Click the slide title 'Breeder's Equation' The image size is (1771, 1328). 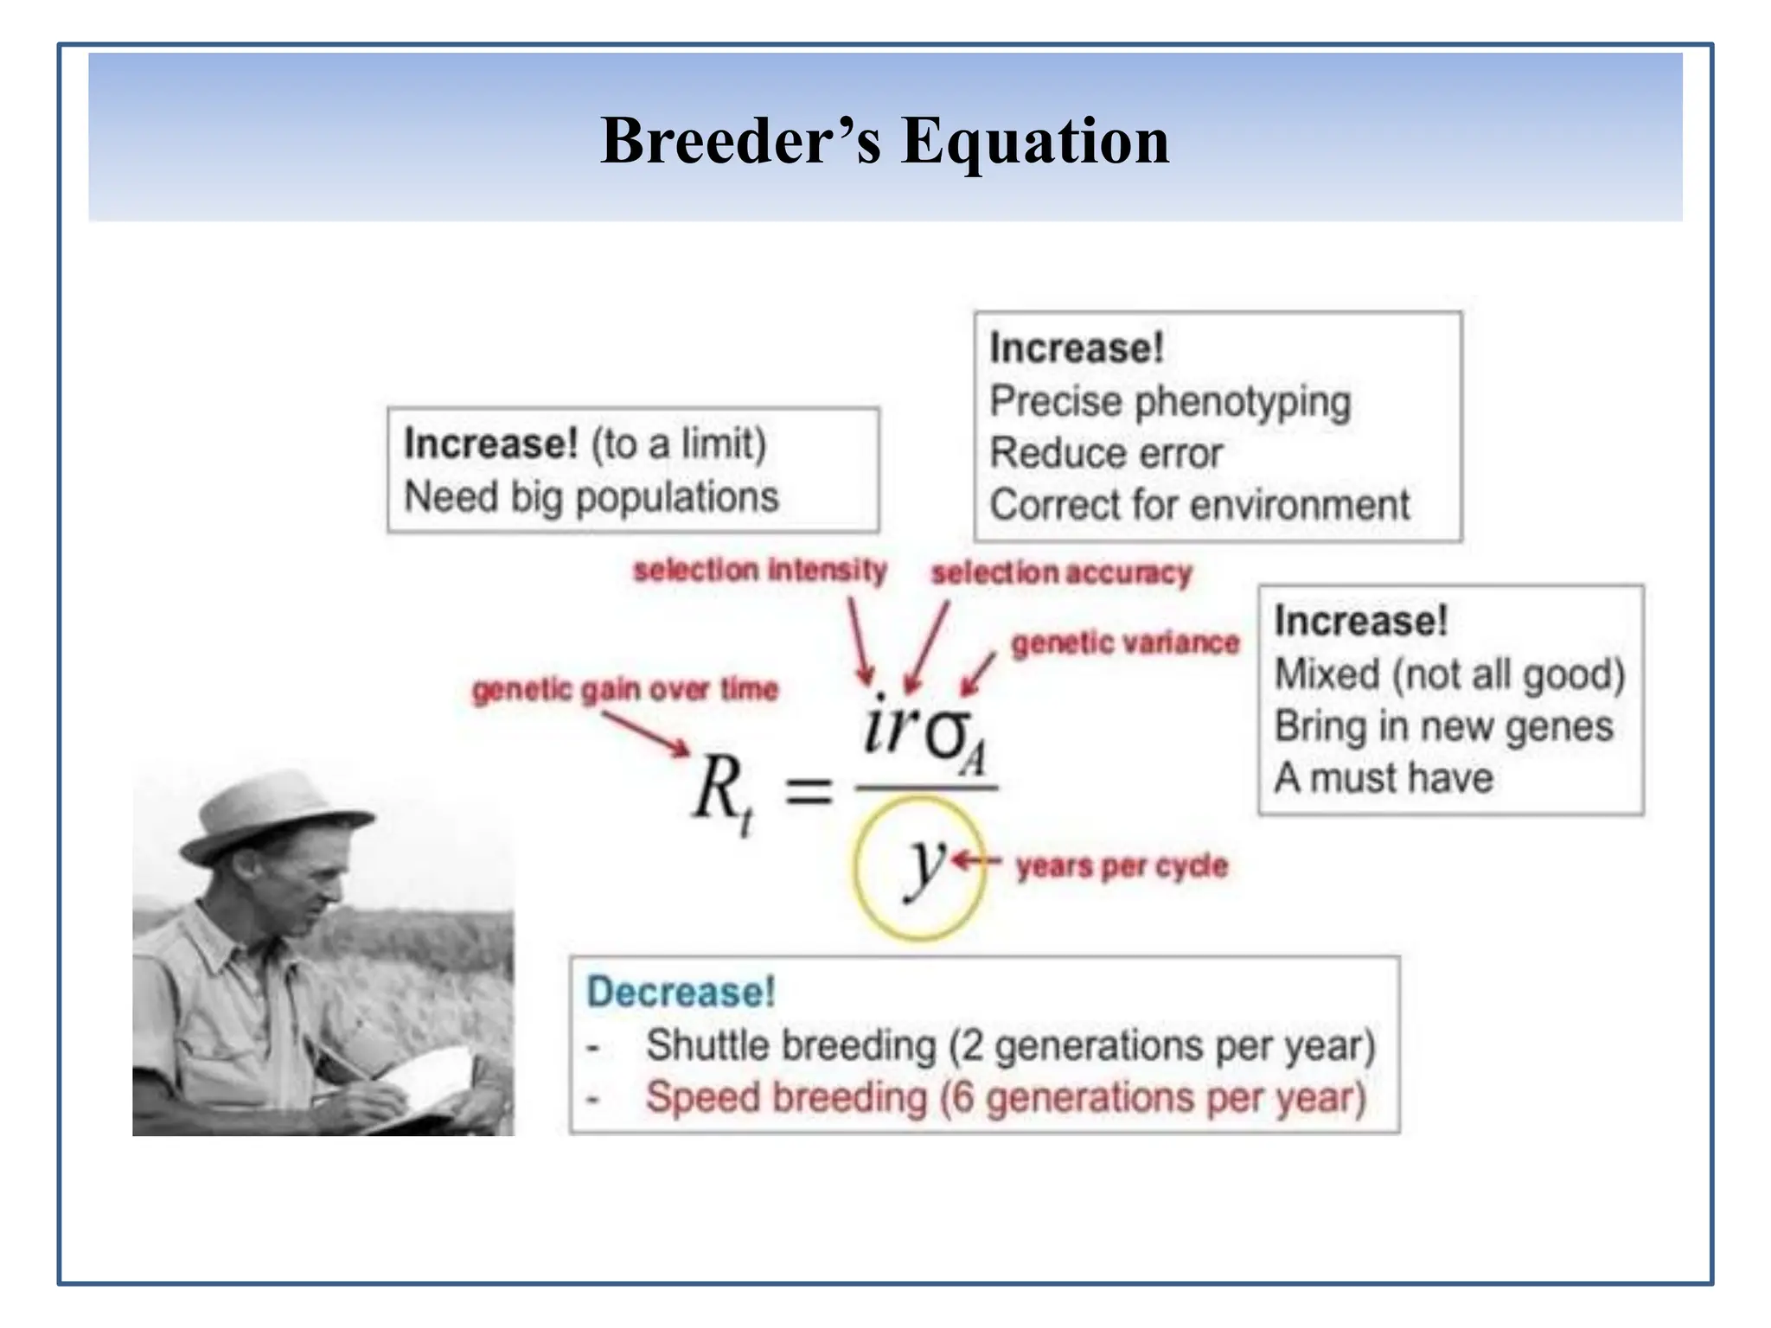click(x=884, y=140)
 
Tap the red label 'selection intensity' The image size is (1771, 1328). click(x=759, y=571)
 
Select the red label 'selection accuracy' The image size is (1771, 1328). click(x=1061, y=573)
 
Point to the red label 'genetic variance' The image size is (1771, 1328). click(x=1125, y=643)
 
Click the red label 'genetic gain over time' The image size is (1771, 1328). click(x=624, y=690)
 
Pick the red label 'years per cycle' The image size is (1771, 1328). click(x=1122, y=865)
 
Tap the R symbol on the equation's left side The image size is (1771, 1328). click(x=718, y=787)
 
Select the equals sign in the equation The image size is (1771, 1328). click(x=808, y=791)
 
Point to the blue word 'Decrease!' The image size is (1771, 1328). click(x=681, y=993)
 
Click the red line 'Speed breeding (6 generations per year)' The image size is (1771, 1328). click(x=1006, y=1098)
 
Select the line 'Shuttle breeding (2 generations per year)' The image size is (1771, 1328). click(x=1010, y=1045)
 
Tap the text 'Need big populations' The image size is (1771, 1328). click(x=591, y=498)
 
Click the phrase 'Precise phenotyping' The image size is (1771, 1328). click(x=1170, y=402)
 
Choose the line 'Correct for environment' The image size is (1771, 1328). click(x=1199, y=505)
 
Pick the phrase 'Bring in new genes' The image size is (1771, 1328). click(x=1443, y=726)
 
